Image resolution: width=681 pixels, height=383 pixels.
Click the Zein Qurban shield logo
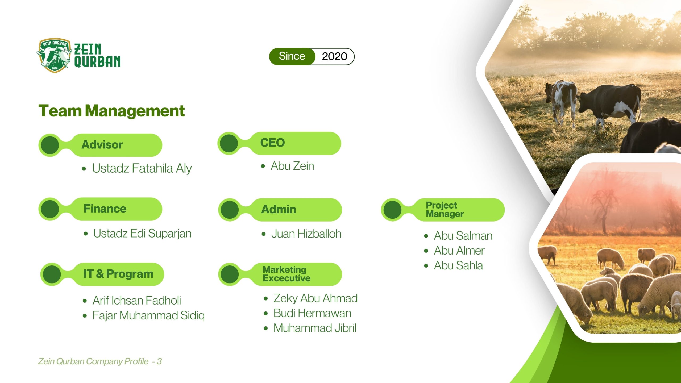(x=54, y=55)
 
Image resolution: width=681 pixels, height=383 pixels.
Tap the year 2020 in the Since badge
(x=334, y=56)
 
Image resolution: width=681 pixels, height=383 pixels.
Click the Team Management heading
(x=111, y=111)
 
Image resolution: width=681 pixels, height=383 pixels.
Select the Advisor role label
(x=102, y=145)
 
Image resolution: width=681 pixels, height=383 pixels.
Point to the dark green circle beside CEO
(x=229, y=143)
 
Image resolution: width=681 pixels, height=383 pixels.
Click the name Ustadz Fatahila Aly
(x=142, y=168)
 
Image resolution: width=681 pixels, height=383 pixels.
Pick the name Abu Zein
(x=292, y=166)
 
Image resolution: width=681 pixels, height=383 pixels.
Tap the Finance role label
(x=105, y=209)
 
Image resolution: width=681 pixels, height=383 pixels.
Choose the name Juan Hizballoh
(x=306, y=234)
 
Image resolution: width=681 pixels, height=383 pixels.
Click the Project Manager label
(x=445, y=210)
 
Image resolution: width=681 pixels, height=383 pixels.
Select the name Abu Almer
(x=459, y=251)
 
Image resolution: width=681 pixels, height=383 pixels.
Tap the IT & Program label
(x=118, y=274)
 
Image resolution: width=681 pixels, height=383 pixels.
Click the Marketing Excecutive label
(x=286, y=274)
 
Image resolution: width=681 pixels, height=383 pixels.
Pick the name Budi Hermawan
(x=312, y=313)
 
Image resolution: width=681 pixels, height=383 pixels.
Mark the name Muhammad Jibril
(x=315, y=328)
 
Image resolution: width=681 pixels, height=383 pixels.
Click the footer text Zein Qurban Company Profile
(x=93, y=361)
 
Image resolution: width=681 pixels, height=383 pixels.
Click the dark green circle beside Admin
(x=230, y=210)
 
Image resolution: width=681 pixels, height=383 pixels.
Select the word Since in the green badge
(x=292, y=56)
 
